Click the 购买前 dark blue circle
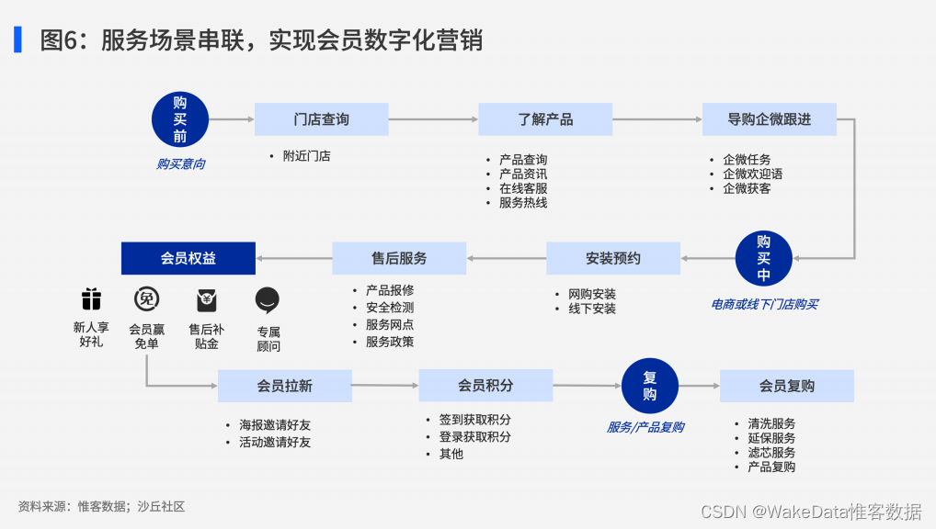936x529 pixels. (x=180, y=119)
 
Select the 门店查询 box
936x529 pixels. (x=321, y=119)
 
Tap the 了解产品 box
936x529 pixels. (x=545, y=119)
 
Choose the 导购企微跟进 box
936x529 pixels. (x=769, y=119)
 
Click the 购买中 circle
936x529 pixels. (x=763, y=259)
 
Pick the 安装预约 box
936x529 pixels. (x=613, y=259)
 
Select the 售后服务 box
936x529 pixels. (x=399, y=259)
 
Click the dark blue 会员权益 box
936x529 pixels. (x=188, y=259)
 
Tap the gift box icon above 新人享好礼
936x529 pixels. (x=90, y=299)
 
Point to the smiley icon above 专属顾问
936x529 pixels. (x=268, y=300)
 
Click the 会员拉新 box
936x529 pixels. (x=284, y=386)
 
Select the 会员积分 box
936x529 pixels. (x=485, y=386)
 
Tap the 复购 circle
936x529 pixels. (x=650, y=386)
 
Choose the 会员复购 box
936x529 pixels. (x=786, y=386)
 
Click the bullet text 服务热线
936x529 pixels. (x=523, y=203)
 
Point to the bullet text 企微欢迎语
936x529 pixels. (x=752, y=174)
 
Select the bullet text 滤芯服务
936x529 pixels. (x=771, y=453)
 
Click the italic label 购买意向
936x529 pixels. (x=180, y=164)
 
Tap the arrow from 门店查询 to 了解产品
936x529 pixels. (x=433, y=119)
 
